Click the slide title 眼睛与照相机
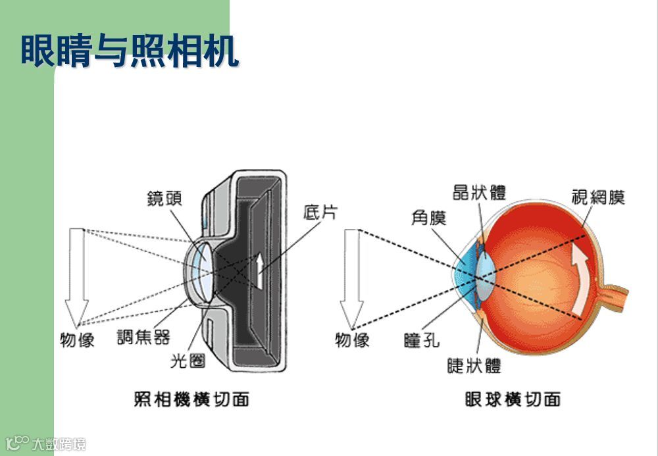pos(129,52)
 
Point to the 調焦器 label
pos(143,338)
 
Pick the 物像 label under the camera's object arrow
pos(77,340)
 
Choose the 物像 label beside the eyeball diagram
pos(352,340)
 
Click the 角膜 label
pos(428,216)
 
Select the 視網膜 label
pos(597,196)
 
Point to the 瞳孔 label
pos(422,340)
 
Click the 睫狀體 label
pos(474,366)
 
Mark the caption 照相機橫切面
pos(191,399)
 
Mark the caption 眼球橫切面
pos(512,399)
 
